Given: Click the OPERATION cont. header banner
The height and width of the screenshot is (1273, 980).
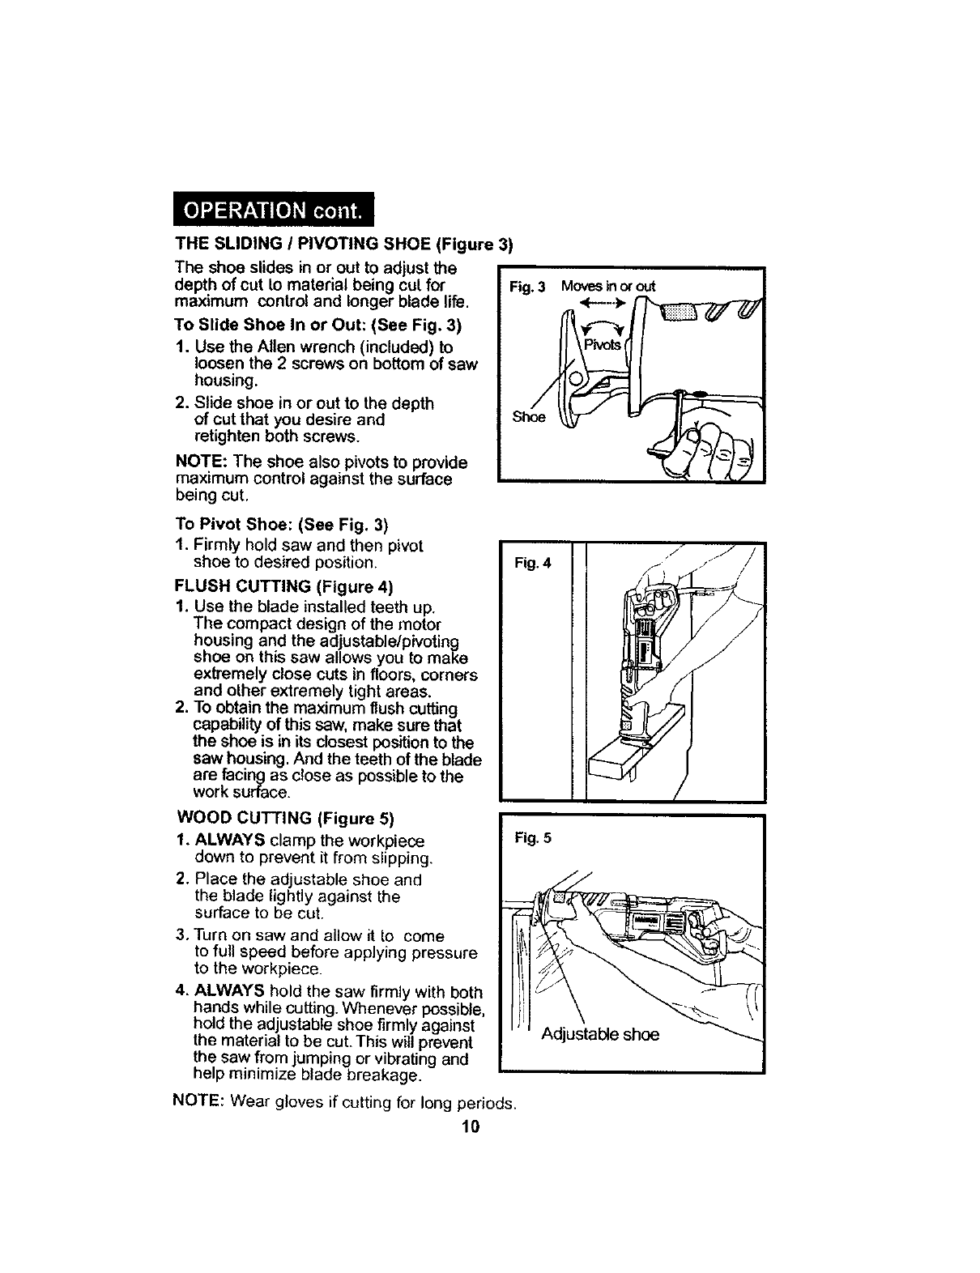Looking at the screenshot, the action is (274, 211).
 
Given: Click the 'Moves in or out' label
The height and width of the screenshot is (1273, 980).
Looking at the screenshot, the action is (609, 286).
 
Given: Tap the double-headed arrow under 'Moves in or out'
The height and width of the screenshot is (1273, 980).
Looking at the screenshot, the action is (607, 305).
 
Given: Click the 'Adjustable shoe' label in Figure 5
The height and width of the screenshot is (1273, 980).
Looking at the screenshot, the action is (600, 1034).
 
